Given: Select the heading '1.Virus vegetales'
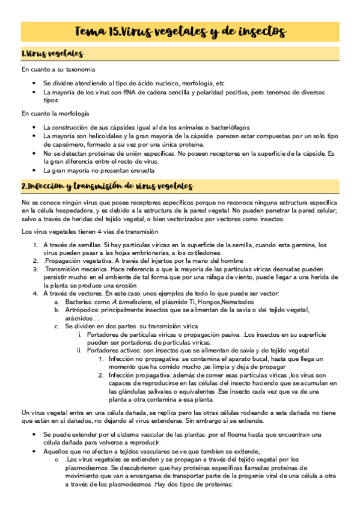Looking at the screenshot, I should pos(52,54).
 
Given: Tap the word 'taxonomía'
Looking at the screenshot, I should pos(80,70).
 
